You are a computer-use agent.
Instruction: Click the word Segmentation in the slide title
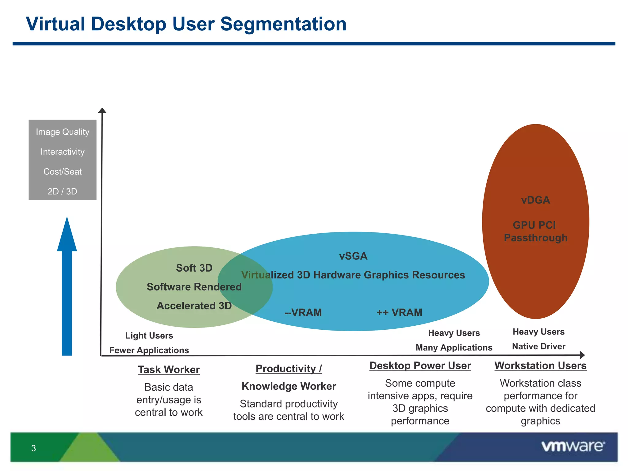point(283,24)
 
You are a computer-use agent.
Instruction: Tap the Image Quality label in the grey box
point(63,132)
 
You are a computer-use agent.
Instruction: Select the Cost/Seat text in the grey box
point(63,172)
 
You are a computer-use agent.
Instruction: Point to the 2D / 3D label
point(62,191)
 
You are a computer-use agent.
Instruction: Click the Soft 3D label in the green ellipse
point(194,268)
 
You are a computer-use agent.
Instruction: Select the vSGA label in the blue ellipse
point(353,256)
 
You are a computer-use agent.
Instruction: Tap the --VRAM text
point(303,312)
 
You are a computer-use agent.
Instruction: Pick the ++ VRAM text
point(399,312)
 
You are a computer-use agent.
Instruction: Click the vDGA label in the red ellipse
point(535,200)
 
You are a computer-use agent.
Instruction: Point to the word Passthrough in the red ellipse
point(535,238)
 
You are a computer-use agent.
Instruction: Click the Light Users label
point(149,335)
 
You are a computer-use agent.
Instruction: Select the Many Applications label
point(454,347)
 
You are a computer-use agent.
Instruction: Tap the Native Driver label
point(538,346)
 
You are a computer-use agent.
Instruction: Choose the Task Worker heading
point(169,370)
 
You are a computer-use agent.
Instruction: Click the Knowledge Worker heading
point(289,386)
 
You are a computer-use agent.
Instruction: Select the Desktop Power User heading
point(420,366)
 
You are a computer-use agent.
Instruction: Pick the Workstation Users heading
point(540,366)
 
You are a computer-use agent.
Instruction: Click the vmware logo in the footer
point(573,446)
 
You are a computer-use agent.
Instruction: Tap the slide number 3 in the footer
point(33,448)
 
